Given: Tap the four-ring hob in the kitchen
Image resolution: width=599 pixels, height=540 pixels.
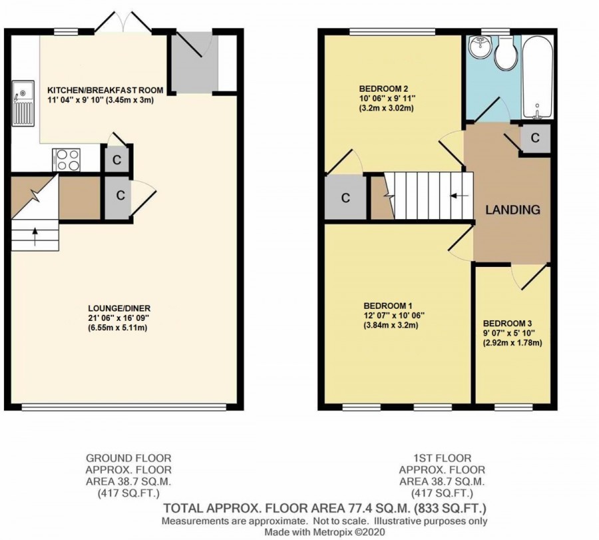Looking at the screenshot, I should (x=66, y=159).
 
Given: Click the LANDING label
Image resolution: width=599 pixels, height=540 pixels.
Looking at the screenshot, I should (x=512, y=210).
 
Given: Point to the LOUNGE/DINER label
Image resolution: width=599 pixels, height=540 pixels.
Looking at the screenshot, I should (x=119, y=308).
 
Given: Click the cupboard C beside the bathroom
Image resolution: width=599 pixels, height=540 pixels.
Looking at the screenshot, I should (x=535, y=139).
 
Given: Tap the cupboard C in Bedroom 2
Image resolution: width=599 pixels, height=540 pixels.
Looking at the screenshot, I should (x=345, y=198).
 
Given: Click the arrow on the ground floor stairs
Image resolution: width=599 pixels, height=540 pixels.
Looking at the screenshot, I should (x=34, y=234).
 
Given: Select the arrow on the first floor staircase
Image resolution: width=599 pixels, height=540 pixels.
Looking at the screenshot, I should (x=458, y=196).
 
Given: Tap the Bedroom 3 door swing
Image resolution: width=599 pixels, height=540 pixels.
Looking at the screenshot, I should (x=526, y=276).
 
